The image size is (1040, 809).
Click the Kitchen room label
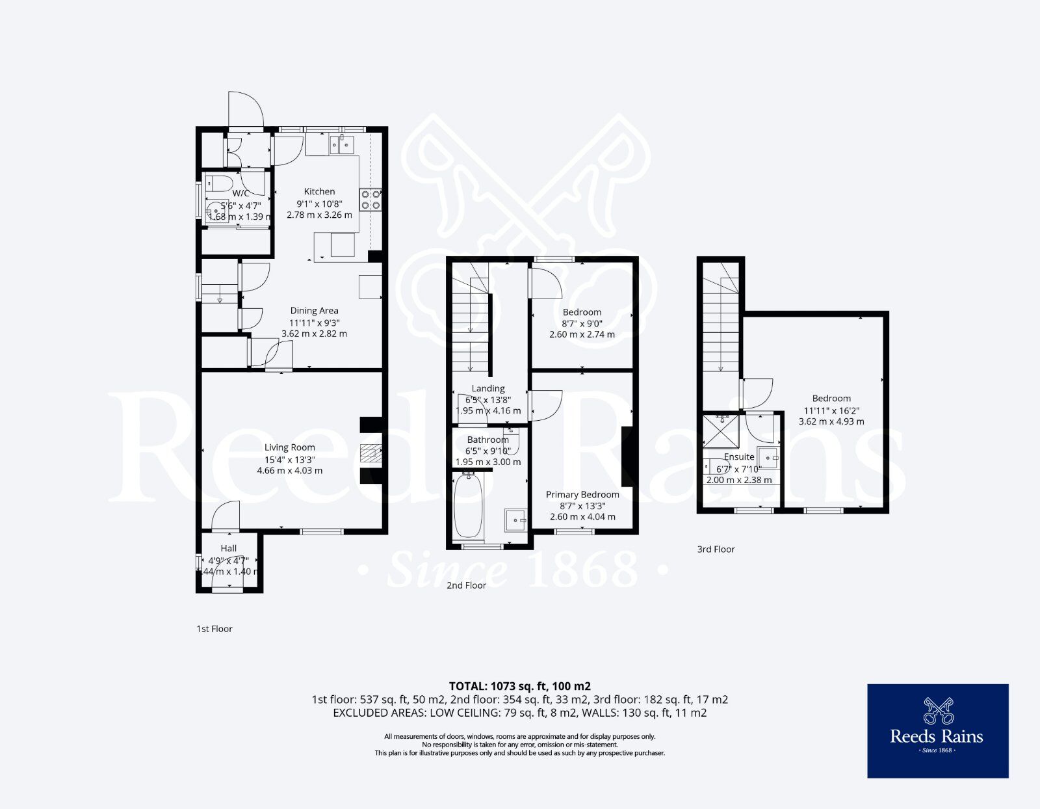coord(319,191)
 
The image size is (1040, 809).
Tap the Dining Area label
coord(314,311)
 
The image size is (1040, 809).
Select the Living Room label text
coord(289,447)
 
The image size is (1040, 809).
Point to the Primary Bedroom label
coord(582,495)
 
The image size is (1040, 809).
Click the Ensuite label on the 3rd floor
coord(739,457)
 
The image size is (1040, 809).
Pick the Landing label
coord(487,388)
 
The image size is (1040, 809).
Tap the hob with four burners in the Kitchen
coord(370,199)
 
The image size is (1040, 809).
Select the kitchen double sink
coord(342,144)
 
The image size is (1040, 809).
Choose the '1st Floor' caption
coord(214,629)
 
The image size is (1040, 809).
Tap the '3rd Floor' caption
coord(716,550)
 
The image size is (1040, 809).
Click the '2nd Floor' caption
coord(466,585)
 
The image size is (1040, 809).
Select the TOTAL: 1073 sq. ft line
coord(519,686)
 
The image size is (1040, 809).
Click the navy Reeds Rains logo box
coord(937,731)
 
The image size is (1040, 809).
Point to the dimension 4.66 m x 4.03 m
coord(289,470)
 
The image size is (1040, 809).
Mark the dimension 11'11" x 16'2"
coord(831,410)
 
